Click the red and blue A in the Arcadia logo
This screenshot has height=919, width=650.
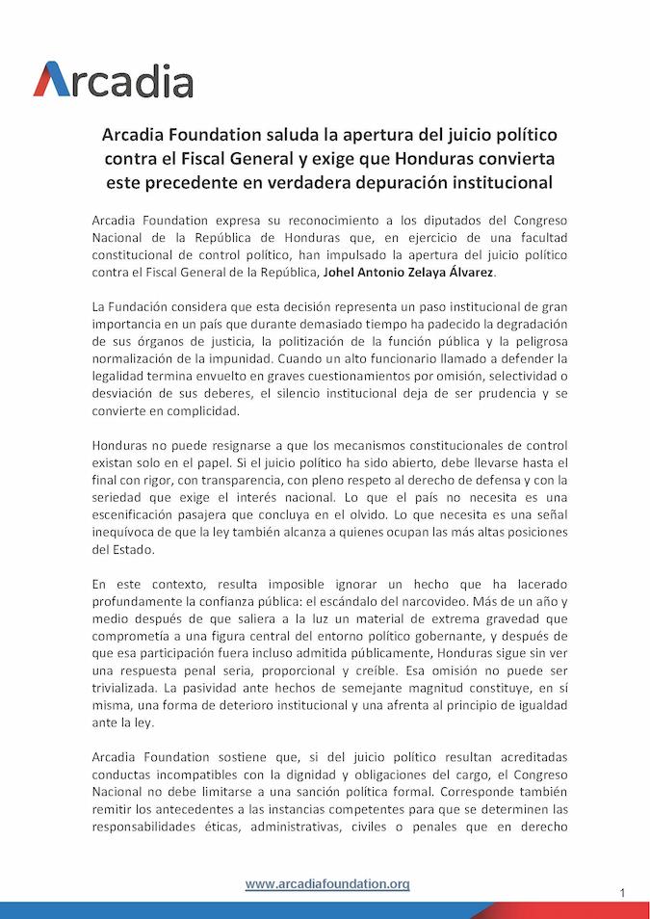point(52,80)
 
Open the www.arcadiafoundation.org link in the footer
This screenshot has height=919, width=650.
point(327,883)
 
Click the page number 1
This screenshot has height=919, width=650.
point(622,893)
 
